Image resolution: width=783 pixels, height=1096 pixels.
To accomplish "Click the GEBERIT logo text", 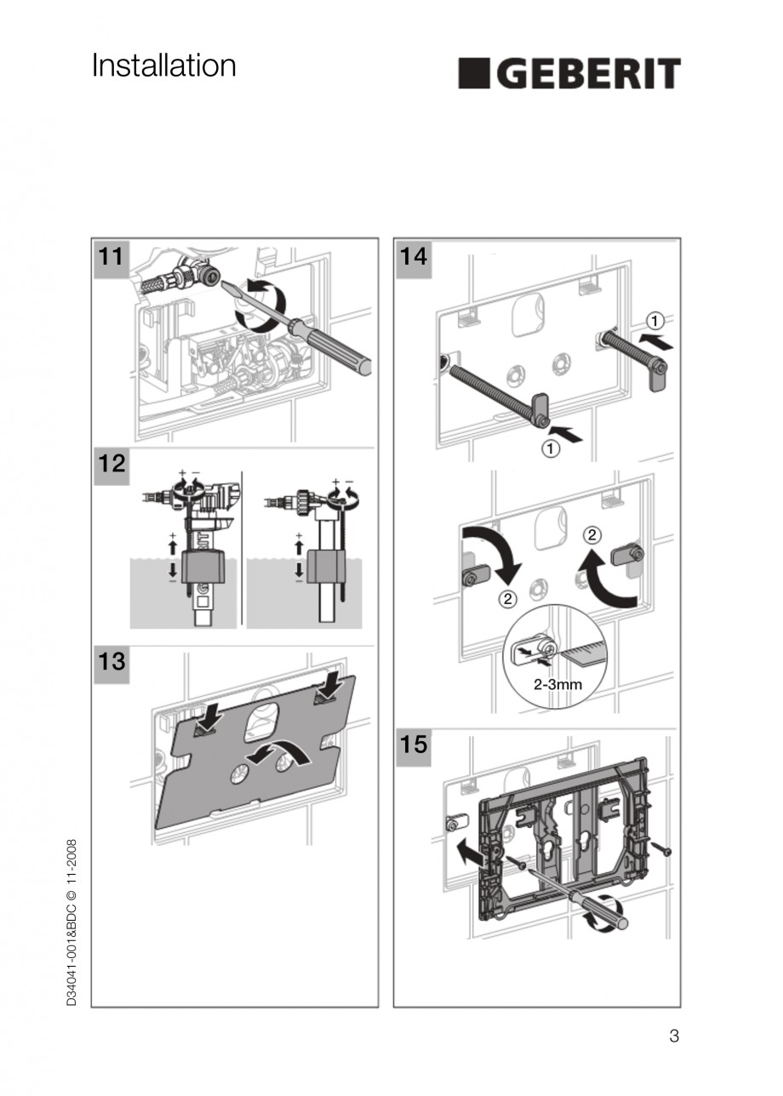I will [570, 73].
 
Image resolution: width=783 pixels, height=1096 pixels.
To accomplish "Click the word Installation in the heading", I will [163, 66].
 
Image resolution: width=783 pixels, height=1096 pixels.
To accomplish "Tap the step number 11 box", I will [111, 257].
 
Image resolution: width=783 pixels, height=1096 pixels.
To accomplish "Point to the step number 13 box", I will [111, 661].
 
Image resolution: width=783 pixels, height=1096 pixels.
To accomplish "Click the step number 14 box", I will [413, 257].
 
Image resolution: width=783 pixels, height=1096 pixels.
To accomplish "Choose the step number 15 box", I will [413, 745].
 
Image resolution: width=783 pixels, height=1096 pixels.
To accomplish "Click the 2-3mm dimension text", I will [557, 683].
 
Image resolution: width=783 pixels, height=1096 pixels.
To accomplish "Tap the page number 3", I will [674, 1036].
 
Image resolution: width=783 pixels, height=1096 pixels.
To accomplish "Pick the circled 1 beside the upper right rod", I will [654, 322].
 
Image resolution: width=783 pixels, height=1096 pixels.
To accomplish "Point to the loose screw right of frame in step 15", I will [661, 848].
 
